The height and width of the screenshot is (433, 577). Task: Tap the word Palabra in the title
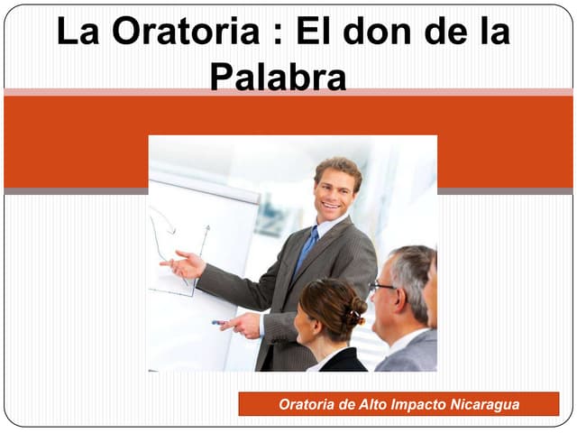(278, 78)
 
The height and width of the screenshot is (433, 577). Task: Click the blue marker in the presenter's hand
(219, 322)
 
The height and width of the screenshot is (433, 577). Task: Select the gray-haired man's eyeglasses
(381, 287)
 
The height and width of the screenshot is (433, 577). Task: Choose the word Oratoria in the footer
(307, 404)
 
